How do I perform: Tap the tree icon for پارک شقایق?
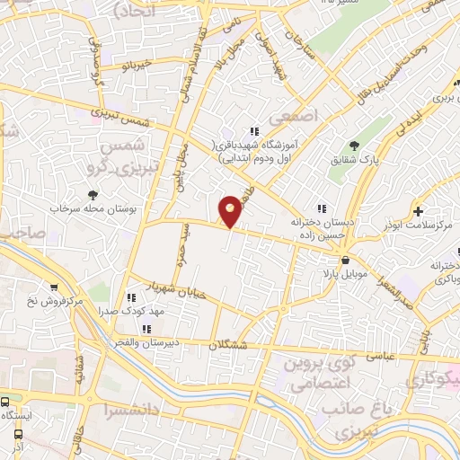pos(354,145)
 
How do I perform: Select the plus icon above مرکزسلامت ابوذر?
pos(419,211)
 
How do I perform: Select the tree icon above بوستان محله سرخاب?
pos(93,195)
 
